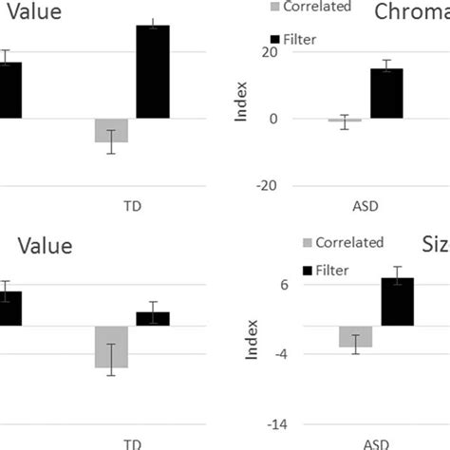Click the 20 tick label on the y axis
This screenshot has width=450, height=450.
coord(270,52)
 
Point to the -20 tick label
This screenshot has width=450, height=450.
coord(267,186)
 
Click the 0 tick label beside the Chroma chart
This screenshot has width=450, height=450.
coord(272,119)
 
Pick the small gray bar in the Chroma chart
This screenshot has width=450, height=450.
coord(338,121)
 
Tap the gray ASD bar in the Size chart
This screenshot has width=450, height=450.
coord(355,337)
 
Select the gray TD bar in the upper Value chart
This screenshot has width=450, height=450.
coord(111,130)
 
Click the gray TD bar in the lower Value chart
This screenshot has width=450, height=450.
coord(111,347)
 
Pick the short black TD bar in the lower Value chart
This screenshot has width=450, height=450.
coord(153,318)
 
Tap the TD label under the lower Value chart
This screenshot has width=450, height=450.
coord(132,442)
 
